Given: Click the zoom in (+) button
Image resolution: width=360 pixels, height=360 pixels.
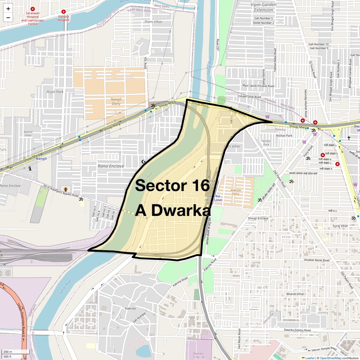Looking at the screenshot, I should tap(8, 9).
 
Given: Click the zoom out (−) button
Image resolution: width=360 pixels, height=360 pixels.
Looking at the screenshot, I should tap(8, 18).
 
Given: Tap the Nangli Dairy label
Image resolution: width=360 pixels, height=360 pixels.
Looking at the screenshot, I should tap(116, 101).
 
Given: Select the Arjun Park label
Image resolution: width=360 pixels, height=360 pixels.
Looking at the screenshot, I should tap(55, 91).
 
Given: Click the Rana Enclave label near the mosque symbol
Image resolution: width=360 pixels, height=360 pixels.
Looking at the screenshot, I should tap(111, 166).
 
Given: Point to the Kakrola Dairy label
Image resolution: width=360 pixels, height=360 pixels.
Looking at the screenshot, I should tap(236, 192).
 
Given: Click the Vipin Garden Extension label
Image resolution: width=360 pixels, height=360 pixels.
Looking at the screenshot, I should tap(263, 7).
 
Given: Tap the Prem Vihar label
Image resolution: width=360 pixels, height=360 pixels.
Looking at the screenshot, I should tap(153, 22).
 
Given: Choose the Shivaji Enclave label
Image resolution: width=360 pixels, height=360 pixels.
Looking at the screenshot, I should tap(258, 218).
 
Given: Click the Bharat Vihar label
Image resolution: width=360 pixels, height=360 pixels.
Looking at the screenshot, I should tap(295, 294).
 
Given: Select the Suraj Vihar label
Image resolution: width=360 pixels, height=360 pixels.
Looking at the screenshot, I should tap(340, 226).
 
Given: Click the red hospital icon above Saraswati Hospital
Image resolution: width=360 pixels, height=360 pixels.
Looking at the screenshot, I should tap(33, 9).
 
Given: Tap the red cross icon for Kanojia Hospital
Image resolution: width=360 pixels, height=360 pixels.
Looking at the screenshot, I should tap(64, 12).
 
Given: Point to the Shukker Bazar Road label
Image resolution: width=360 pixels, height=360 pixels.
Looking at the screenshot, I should tap(316, 260).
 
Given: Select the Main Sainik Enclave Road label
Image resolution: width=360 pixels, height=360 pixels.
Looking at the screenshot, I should tap(258, 86).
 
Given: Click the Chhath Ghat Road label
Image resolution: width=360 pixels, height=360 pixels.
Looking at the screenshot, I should tap(249, 97).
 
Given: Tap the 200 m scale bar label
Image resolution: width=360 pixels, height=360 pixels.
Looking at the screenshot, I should tap(8, 352).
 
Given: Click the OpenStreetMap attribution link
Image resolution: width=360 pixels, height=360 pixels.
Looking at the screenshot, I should tap(331, 358).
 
